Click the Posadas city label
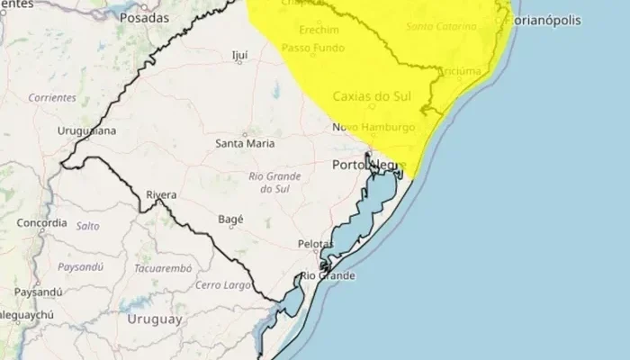pyautogui.click(x=145, y=18)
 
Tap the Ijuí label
pyautogui.click(x=239, y=54)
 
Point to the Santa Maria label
pyautogui.click(x=247, y=142)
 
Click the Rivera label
pyautogui.click(x=161, y=194)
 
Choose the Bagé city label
pyautogui.click(x=231, y=219)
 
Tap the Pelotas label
pyautogui.click(x=316, y=244)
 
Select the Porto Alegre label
pyautogui.click(x=369, y=166)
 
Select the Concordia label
pyautogui.click(x=41, y=222)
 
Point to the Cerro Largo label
pyautogui.click(x=220, y=285)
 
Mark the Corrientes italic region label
pyautogui.click(x=51, y=97)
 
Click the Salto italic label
pyautogui.click(x=87, y=226)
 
